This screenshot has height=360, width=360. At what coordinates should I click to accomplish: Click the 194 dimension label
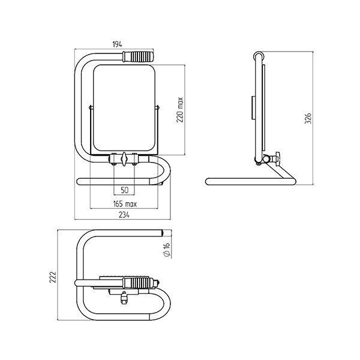[x=117, y=44]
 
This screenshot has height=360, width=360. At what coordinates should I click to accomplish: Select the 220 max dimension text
[x=180, y=110]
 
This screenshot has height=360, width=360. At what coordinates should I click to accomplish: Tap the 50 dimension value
[x=124, y=190]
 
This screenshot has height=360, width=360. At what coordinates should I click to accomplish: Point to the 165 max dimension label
[x=125, y=204]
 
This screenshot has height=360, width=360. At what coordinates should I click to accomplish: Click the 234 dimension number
[x=124, y=215]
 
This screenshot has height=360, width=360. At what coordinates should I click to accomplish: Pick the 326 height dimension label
[x=308, y=118]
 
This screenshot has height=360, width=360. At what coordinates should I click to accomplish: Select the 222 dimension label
[x=53, y=277]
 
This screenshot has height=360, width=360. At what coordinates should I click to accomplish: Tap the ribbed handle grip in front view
[x=138, y=56]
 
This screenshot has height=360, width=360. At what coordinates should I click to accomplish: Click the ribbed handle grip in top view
[x=138, y=283]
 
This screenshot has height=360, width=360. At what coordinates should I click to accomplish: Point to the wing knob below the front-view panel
[x=124, y=158]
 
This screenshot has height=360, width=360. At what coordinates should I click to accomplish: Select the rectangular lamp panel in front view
[x=124, y=108]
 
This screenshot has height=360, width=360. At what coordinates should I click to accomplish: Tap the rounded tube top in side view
[x=259, y=56]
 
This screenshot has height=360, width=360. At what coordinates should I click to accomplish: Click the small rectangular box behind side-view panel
[x=253, y=107]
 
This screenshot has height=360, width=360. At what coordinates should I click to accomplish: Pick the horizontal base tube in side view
[x=250, y=182]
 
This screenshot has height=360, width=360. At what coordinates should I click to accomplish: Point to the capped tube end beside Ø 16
[x=162, y=233]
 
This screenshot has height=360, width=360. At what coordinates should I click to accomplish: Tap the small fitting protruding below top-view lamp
[x=124, y=298]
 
